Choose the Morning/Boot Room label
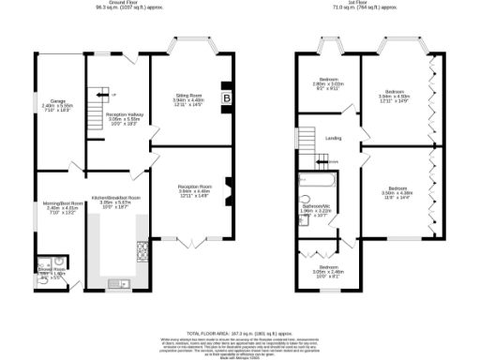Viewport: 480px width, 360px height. point(57,207)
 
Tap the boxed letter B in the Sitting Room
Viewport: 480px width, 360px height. point(225,97)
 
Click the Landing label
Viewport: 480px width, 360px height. point(333,138)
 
